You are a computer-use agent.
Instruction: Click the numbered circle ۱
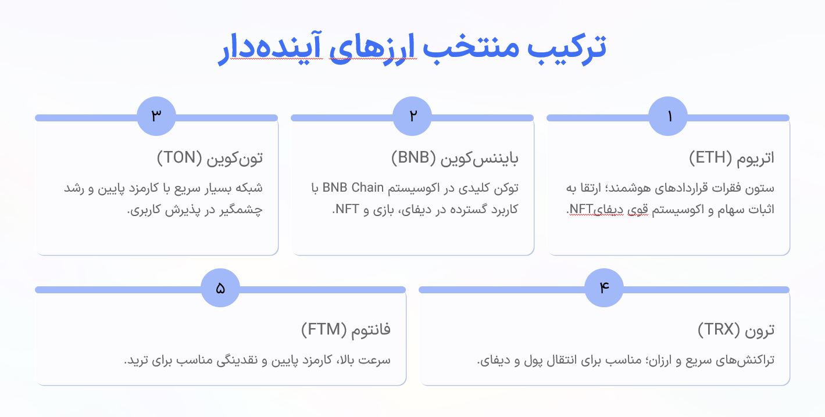[x=668, y=116]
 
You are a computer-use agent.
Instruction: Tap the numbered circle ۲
[x=412, y=116]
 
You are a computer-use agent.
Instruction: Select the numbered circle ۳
[x=156, y=116]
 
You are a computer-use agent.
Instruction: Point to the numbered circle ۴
[x=604, y=288]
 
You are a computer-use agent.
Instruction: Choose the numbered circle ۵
[x=220, y=288]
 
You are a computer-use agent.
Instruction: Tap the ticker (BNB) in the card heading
[x=413, y=157]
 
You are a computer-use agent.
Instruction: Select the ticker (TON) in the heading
[x=178, y=157]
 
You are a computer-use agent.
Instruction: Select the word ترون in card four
[x=760, y=330]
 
